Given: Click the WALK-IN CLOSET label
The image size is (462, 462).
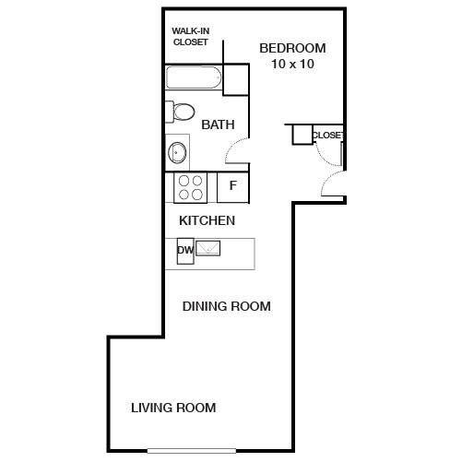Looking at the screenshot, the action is coord(191,36).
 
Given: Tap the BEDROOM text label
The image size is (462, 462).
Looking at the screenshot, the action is coord(292,48).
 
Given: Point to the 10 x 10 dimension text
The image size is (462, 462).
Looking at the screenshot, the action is coord(292,64).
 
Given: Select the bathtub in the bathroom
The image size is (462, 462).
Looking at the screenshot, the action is coord(194,77).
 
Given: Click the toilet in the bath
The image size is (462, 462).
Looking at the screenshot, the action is coord(181,112).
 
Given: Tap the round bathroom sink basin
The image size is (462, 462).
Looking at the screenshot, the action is coord(177,152).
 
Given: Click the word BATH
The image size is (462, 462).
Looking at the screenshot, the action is coord(218,124).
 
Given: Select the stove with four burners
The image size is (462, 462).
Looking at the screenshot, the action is coord(190,187).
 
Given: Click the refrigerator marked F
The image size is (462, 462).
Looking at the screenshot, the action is coord(232,187).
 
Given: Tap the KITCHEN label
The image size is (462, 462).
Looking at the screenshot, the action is coord(207,220).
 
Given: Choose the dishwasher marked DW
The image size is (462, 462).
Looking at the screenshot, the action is coord(185,251).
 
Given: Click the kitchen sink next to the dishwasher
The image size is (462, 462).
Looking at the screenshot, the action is coord(208,248).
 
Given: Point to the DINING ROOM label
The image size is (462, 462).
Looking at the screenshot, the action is coord(227,306).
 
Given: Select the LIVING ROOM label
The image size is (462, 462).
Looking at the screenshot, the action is coord(173,408).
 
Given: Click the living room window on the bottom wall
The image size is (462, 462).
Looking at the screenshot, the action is coord(192,451).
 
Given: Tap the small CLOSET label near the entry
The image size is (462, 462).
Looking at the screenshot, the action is coord(327,136).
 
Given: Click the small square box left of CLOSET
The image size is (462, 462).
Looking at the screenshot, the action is coord(302,135).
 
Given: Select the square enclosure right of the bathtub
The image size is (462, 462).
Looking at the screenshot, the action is coord(235,79).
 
